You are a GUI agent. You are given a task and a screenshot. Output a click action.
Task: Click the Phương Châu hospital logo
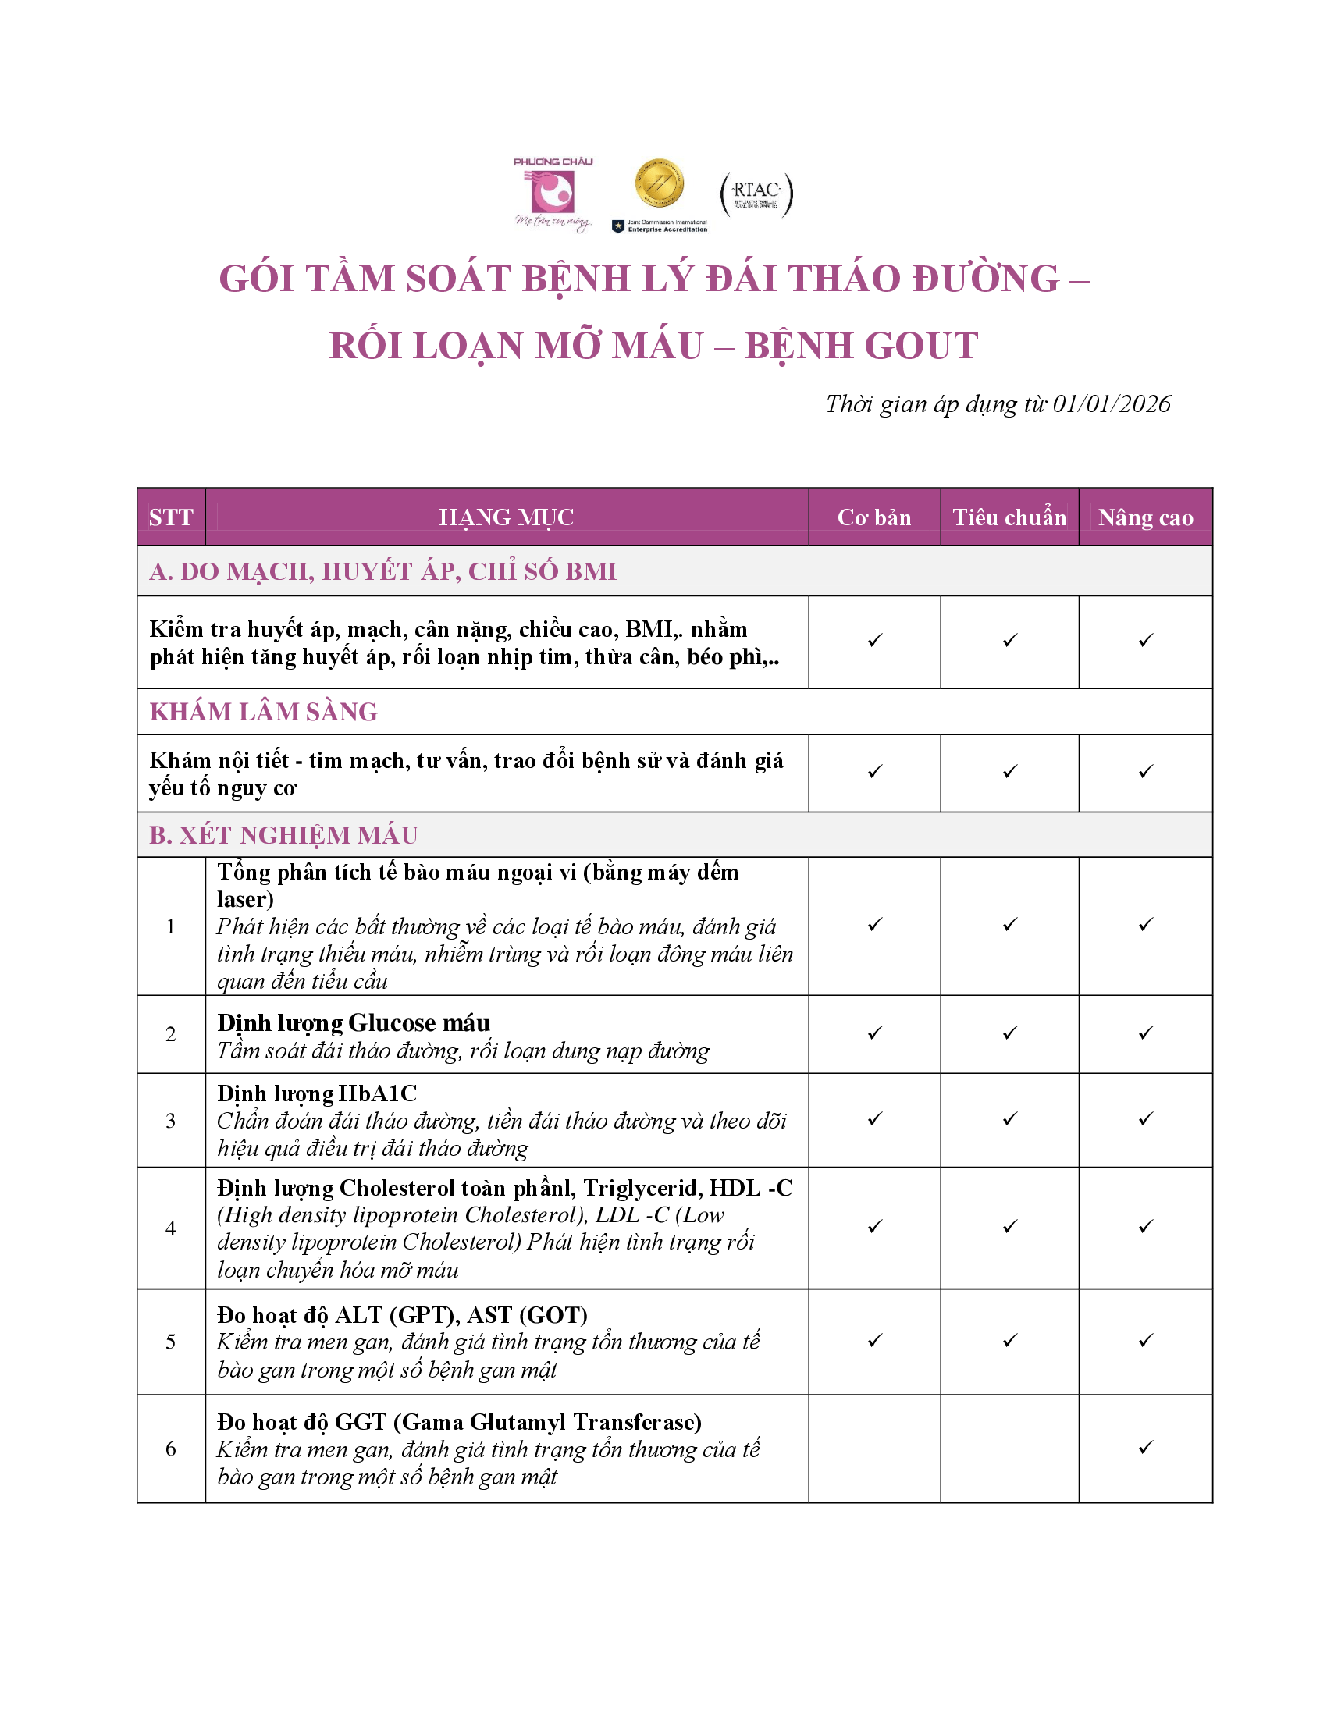(x=553, y=194)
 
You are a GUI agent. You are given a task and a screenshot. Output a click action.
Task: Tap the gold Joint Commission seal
(x=659, y=183)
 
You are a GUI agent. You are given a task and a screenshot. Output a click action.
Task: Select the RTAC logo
(x=756, y=194)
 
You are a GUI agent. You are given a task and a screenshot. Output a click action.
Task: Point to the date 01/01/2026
(x=1111, y=404)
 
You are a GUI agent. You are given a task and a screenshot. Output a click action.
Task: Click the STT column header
(x=171, y=517)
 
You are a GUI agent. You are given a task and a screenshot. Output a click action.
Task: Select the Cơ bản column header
(x=874, y=517)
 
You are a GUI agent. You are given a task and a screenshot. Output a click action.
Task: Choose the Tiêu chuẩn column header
(x=1009, y=517)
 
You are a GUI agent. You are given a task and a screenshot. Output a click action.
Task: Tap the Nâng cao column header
(x=1145, y=517)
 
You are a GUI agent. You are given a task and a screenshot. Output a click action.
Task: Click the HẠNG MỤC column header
(x=507, y=517)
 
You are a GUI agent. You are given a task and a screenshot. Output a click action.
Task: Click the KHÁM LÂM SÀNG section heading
(x=263, y=712)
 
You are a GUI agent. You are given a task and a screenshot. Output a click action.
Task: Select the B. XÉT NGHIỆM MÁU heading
(x=284, y=835)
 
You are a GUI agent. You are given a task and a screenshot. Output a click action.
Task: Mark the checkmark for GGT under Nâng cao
(x=1145, y=1447)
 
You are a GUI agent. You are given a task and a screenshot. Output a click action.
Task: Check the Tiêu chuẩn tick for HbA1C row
(x=1009, y=1118)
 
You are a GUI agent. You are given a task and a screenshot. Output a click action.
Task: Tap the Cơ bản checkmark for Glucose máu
(x=874, y=1033)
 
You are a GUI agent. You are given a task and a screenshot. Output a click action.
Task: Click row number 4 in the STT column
(x=171, y=1228)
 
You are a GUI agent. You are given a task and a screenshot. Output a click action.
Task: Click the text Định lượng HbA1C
(x=317, y=1093)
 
